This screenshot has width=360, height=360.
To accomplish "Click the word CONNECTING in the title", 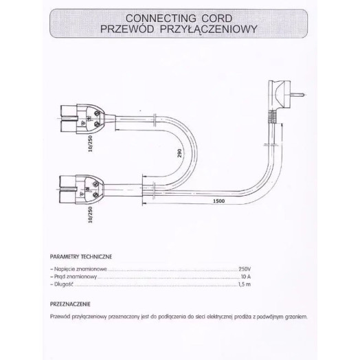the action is click(x=161, y=19).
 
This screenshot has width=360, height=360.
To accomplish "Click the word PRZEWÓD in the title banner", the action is click(x=127, y=29).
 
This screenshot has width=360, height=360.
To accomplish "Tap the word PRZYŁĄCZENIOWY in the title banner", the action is click(x=208, y=29).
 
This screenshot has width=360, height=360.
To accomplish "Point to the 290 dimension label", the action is click(x=179, y=153).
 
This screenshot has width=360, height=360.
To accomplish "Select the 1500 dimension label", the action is click(x=218, y=201).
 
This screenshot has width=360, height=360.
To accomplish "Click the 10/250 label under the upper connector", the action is click(x=90, y=144).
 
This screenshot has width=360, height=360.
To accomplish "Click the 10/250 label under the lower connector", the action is click(x=90, y=214).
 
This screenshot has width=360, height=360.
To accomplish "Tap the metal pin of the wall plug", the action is click(x=298, y=94).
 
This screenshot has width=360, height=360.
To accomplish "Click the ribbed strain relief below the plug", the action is click(x=273, y=117).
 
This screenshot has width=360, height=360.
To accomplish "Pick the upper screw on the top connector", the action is click(x=97, y=113).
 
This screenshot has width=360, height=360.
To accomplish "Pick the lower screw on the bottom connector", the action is click(x=95, y=195).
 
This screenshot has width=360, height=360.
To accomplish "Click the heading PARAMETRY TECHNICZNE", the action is click(x=81, y=257).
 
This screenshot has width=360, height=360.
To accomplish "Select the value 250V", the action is click(x=245, y=269).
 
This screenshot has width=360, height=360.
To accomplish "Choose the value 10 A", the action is click(x=246, y=276).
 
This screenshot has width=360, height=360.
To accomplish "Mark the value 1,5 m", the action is click(x=245, y=284).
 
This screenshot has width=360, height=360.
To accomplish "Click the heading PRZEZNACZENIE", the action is click(x=70, y=304).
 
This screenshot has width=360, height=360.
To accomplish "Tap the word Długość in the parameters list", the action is click(x=64, y=284).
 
